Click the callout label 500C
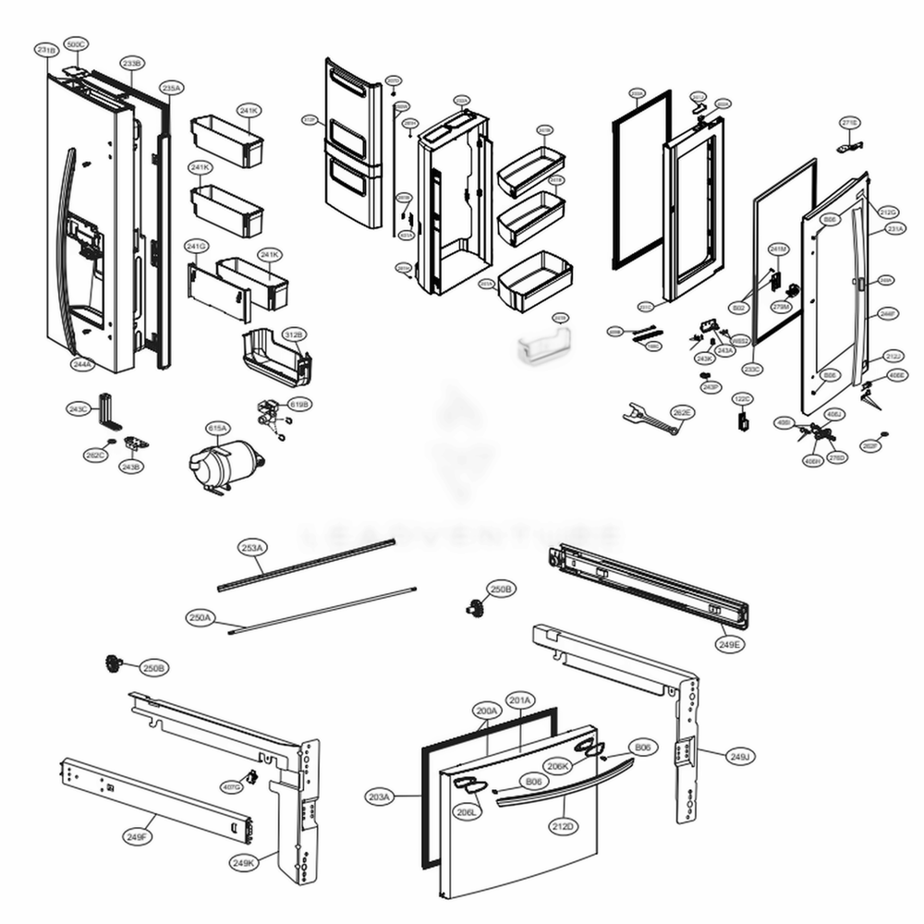pyautogui.click(x=77, y=44)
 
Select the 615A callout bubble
pyautogui.click(x=217, y=429)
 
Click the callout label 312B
pyautogui.click(x=294, y=334)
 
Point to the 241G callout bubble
pyautogui.click(x=196, y=247)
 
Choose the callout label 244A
pyautogui.click(x=81, y=365)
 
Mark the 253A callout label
pyautogui.click(x=252, y=548)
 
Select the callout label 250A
pyautogui.click(x=200, y=617)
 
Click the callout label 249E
pyautogui.click(x=729, y=643)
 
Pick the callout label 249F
pyautogui.click(x=136, y=836)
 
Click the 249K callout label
pyautogui.click(x=243, y=862)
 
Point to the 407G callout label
pyautogui.click(x=231, y=786)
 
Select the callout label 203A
pyautogui.click(x=380, y=796)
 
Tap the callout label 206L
pyautogui.click(x=466, y=811)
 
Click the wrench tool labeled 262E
pyautogui.click(x=650, y=415)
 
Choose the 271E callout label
pyautogui.click(x=849, y=122)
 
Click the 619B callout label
pyautogui.click(x=299, y=405)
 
